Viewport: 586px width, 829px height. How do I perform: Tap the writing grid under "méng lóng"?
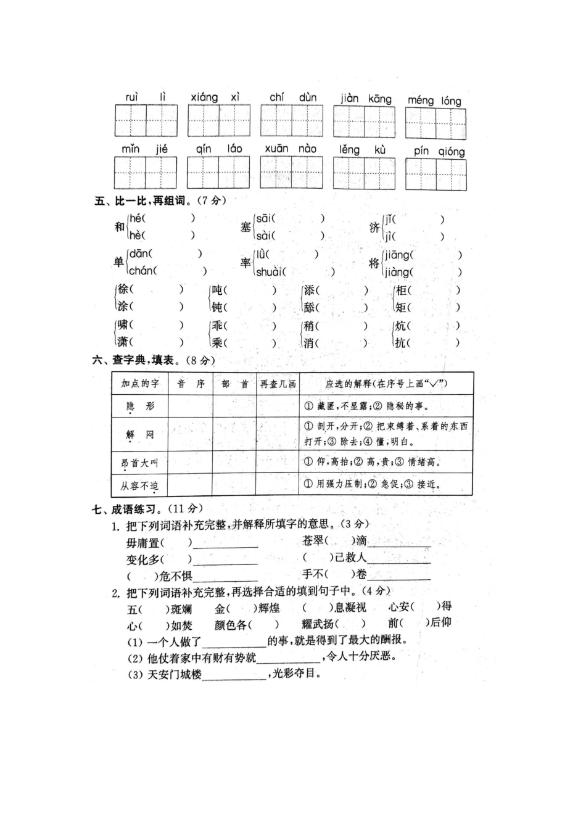tap(435, 123)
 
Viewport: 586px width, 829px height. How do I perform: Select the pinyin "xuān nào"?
tap(291, 149)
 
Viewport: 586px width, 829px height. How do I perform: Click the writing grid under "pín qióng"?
tap(435, 175)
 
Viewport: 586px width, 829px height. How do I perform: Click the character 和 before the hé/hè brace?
tap(119, 227)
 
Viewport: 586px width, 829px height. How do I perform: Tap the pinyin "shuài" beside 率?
tap(270, 272)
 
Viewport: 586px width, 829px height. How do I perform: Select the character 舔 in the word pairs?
tap(309, 307)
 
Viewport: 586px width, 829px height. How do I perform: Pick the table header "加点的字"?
tap(139, 384)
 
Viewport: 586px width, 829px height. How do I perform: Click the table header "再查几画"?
tap(278, 384)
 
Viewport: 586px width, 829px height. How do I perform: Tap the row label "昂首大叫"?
tap(139, 463)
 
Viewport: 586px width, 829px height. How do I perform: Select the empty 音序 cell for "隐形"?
tap(190, 406)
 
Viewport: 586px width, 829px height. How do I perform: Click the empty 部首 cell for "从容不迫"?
tap(234, 485)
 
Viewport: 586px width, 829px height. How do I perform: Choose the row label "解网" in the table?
tap(139, 435)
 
